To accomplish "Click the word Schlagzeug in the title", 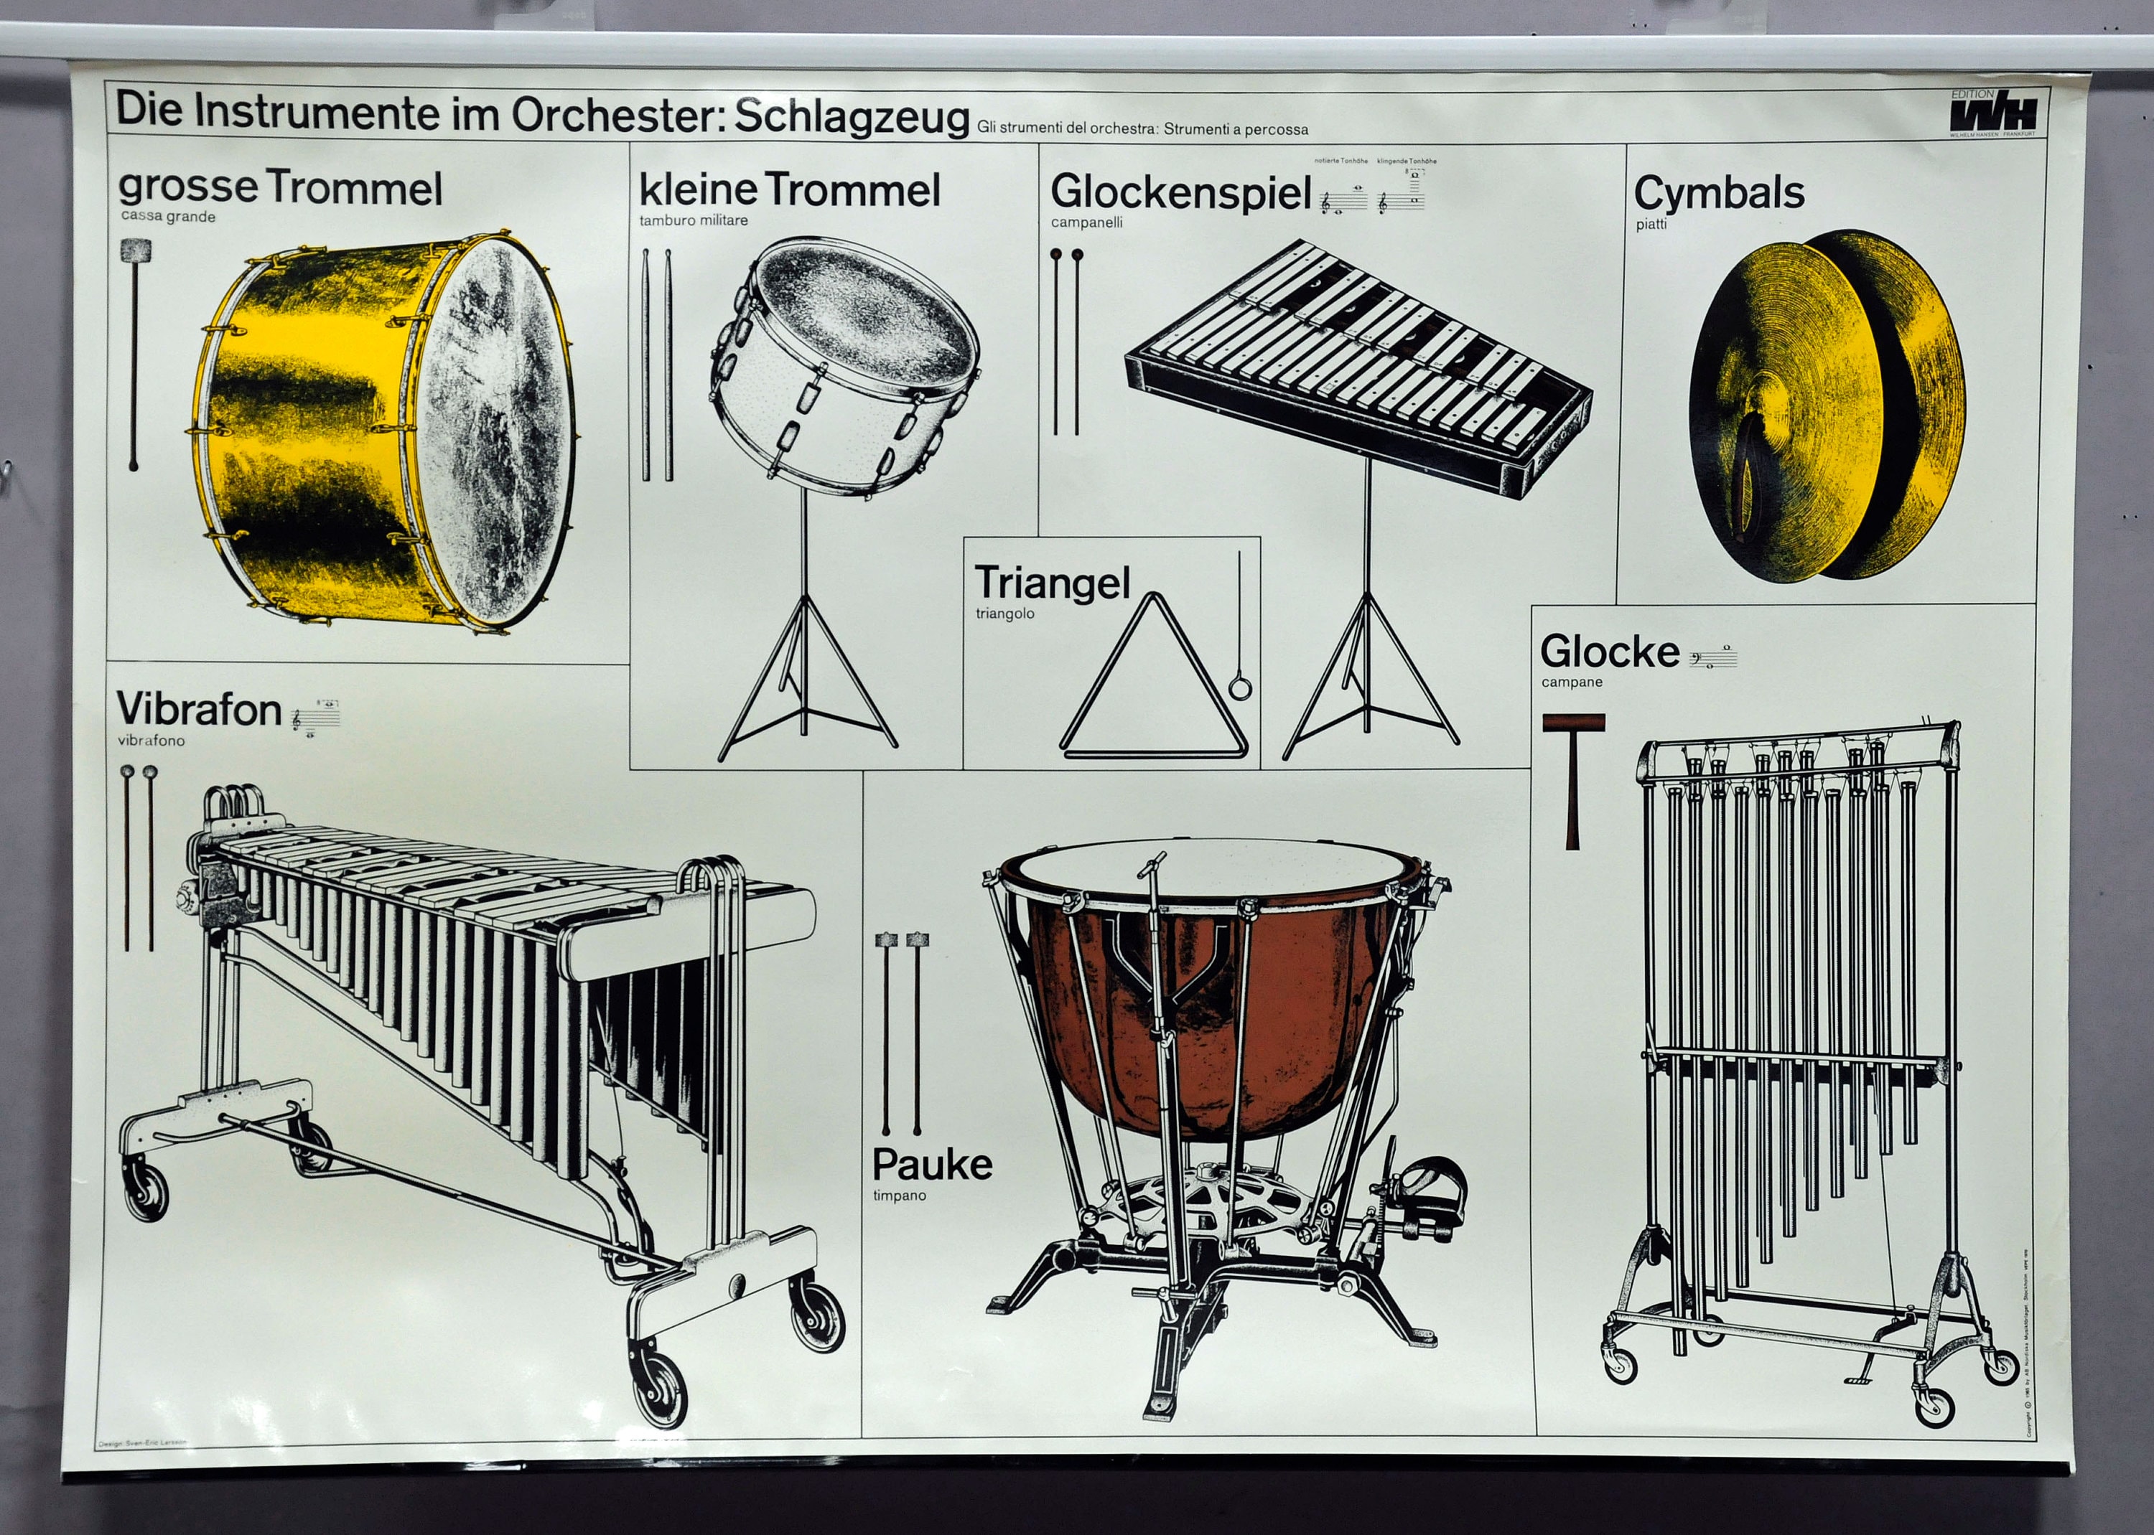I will pos(852,117).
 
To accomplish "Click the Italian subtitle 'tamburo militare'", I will pos(693,220).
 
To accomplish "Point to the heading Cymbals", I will pos(1719,193).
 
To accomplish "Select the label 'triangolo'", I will pos(1005,614).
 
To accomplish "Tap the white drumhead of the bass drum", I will pos(492,426).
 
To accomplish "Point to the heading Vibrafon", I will pos(200,709).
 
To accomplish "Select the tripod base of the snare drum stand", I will pos(806,700).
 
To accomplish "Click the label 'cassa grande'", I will pos(168,217).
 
